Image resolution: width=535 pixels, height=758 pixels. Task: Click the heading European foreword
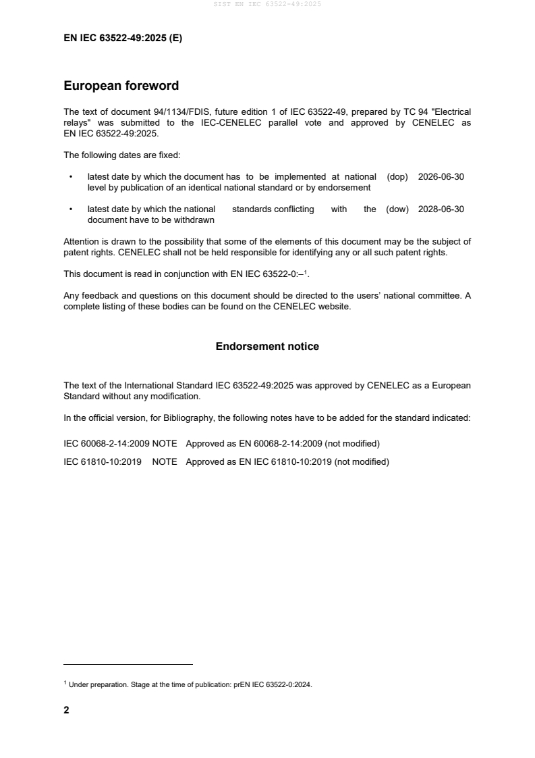click(x=121, y=86)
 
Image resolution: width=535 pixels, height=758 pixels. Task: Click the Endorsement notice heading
click(x=267, y=347)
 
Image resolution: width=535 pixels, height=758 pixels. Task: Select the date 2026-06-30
click(x=441, y=177)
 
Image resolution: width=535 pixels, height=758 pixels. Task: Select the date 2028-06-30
click(x=441, y=209)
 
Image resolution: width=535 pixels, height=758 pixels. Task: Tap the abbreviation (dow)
click(x=397, y=209)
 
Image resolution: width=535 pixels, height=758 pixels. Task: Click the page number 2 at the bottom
click(x=66, y=710)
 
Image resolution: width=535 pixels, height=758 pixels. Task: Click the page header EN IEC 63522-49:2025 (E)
click(x=123, y=39)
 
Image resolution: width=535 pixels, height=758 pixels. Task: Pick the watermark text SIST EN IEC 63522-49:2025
click(x=268, y=4)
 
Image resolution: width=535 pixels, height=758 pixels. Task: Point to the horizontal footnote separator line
click(x=128, y=664)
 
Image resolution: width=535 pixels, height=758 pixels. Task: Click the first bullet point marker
click(x=70, y=177)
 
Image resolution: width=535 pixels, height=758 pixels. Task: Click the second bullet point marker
click(x=70, y=209)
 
